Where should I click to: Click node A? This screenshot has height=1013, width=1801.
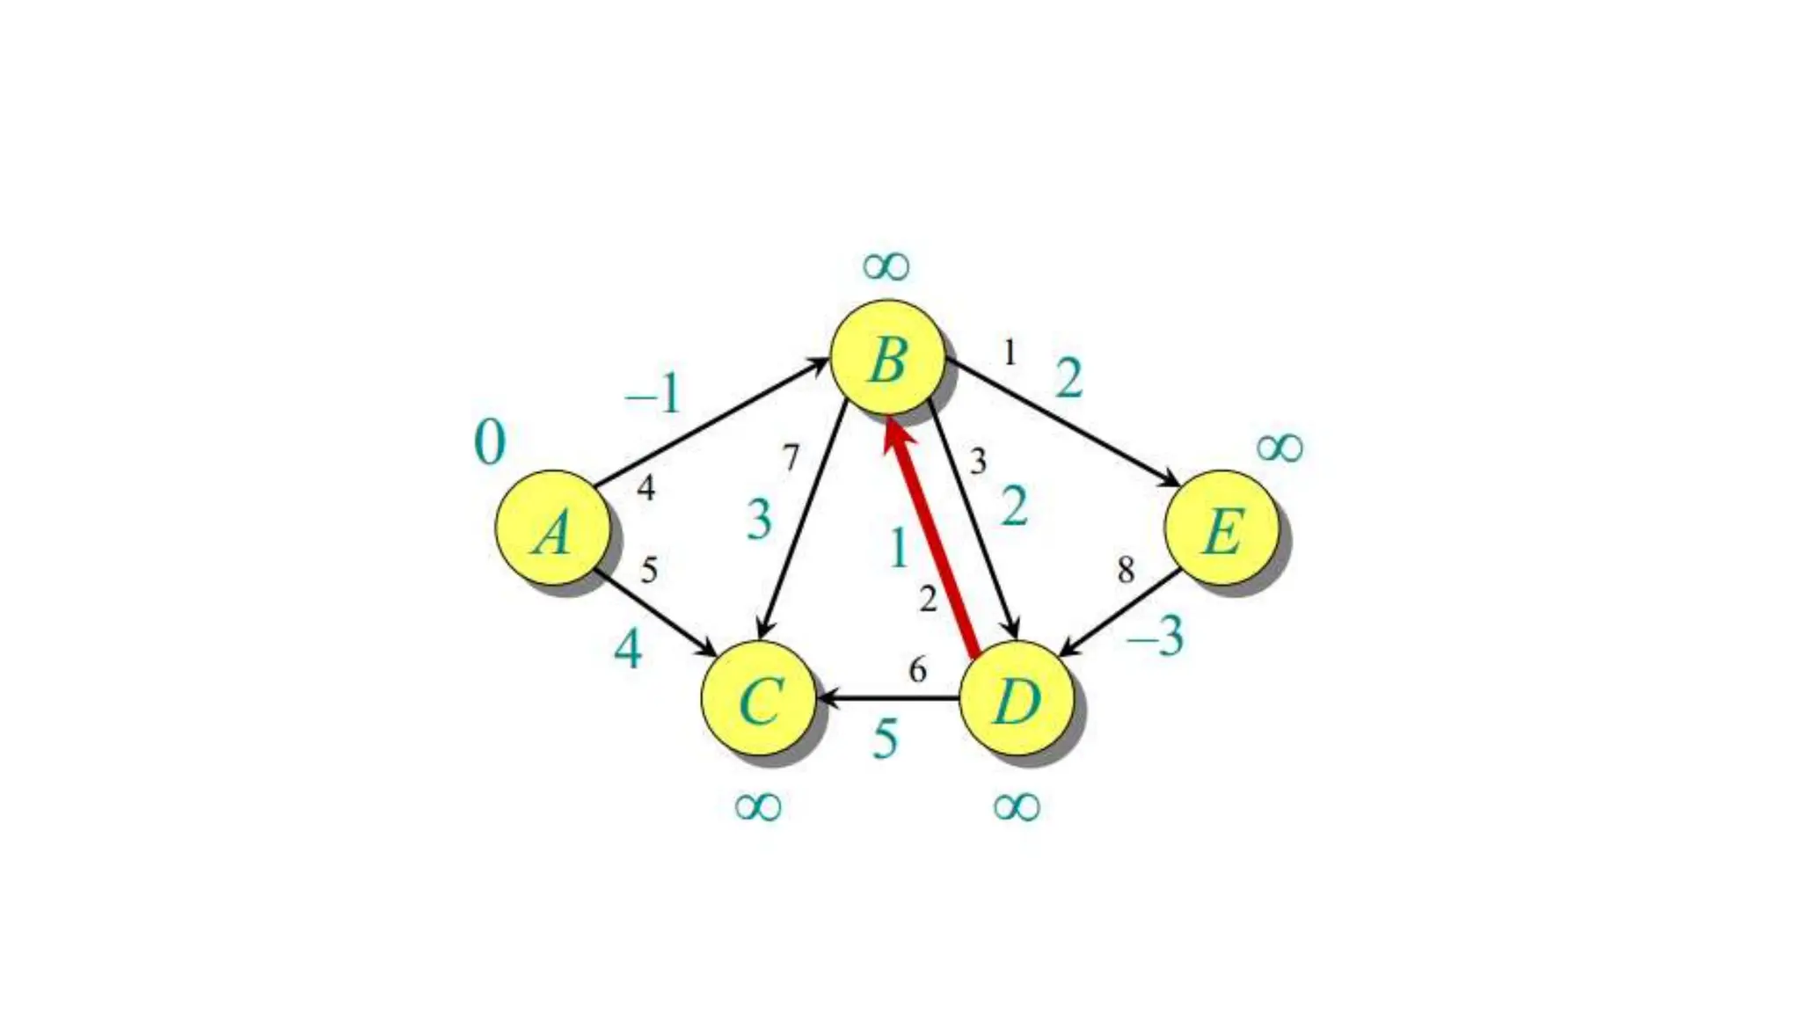(x=552, y=528)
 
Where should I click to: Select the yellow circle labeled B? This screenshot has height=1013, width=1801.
(x=887, y=358)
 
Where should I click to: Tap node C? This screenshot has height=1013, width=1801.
(x=758, y=698)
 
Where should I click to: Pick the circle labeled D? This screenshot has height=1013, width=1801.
(x=1016, y=698)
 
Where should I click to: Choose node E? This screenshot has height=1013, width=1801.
(x=1221, y=528)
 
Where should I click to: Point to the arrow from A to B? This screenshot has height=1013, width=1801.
(x=712, y=422)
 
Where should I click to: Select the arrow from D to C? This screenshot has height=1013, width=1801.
(x=888, y=699)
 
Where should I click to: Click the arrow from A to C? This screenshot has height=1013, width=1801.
(x=655, y=612)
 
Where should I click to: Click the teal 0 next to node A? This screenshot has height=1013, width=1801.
(x=490, y=441)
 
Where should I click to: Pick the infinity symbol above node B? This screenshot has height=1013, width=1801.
(x=886, y=266)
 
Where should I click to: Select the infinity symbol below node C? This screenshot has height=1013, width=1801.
(x=757, y=805)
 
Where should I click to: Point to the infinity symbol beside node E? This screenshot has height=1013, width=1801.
(x=1279, y=448)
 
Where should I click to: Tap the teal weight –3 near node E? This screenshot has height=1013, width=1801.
(x=1156, y=635)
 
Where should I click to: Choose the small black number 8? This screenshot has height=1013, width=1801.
(x=1126, y=570)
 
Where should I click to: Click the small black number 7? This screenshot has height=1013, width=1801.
(x=791, y=457)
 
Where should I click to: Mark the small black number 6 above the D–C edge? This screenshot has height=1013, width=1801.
(x=917, y=670)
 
